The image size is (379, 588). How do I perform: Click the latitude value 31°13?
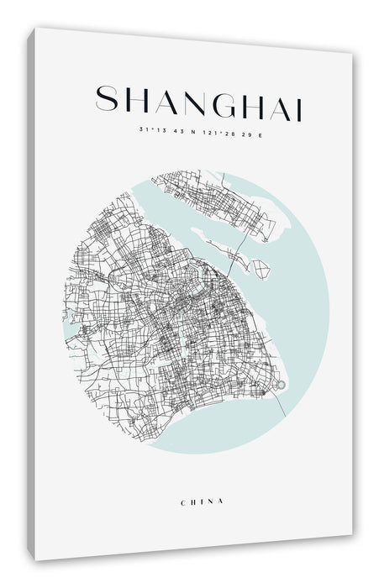point(150,129)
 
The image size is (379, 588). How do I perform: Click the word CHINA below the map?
point(203,501)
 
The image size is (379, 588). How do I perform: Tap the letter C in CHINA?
point(183,501)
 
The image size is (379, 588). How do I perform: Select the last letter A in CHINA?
point(221,502)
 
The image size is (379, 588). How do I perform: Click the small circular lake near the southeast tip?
point(281,386)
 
